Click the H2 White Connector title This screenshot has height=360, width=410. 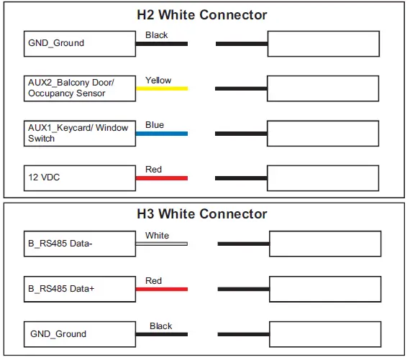[x=201, y=14]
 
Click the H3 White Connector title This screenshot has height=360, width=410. [x=201, y=214]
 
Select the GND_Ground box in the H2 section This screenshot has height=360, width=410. [x=78, y=43]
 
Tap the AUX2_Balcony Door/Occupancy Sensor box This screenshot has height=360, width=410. [x=78, y=88]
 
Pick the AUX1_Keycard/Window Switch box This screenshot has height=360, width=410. [x=78, y=133]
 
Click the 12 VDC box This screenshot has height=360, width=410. [x=78, y=177]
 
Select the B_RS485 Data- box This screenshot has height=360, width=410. [x=78, y=244]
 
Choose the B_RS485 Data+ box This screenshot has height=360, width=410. [x=78, y=289]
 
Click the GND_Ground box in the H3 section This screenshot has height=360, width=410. [x=78, y=334]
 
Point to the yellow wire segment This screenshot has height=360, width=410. [x=161, y=88]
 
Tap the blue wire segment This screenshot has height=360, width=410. [x=161, y=133]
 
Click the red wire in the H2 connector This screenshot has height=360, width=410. [x=161, y=177]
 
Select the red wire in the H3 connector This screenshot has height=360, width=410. [x=161, y=289]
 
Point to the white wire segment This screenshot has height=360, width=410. [x=161, y=244]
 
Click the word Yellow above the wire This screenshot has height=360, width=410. [x=158, y=80]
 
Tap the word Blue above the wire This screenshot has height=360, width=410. [x=155, y=125]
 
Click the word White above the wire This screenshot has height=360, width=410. [x=157, y=236]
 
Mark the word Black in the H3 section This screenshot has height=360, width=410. [x=161, y=326]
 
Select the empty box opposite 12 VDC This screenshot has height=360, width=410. [x=322, y=177]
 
